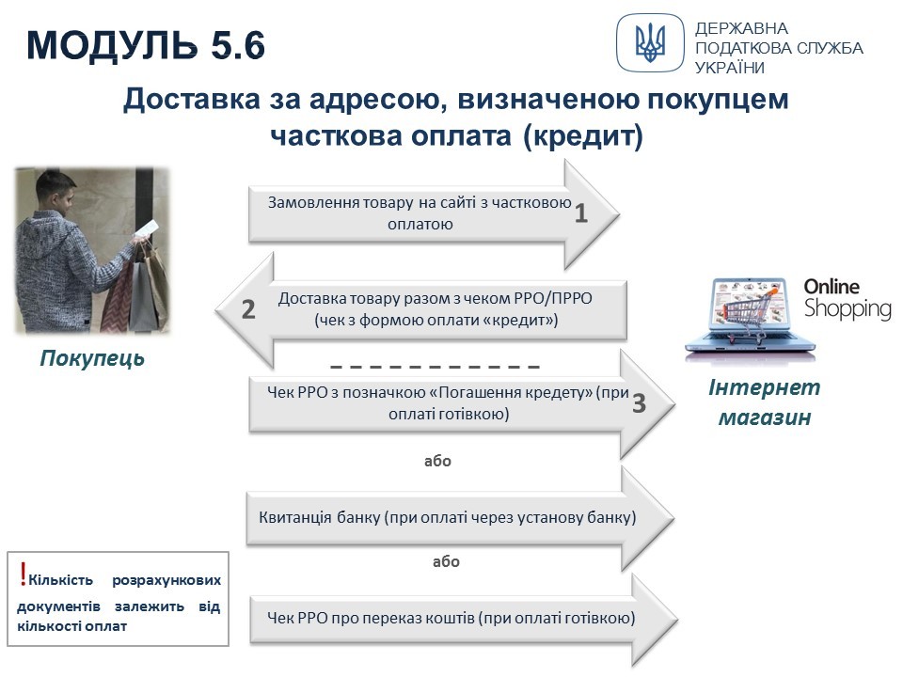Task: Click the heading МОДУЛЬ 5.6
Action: (146, 45)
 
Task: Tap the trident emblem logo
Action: (650, 42)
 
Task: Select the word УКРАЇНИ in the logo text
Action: (730, 68)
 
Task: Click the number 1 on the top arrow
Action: (581, 213)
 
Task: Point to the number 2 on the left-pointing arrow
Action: (248, 309)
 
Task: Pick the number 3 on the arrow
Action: (639, 403)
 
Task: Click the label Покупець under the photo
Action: (92, 358)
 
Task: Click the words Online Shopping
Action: (848, 298)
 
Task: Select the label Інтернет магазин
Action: (764, 401)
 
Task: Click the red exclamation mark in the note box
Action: (23, 574)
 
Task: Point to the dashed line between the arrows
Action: (436, 367)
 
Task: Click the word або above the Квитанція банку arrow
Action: (437, 461)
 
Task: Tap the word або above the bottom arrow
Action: (446, 561)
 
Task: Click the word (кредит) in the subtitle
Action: (583, 136)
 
